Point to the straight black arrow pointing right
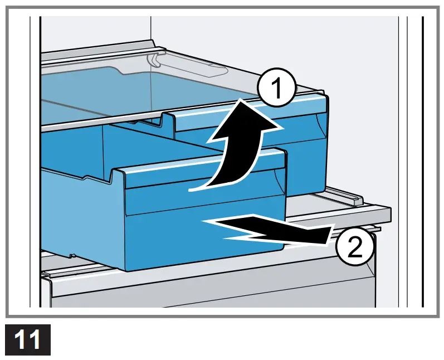tap(267, 228)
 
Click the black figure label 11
tap(27, 339)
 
